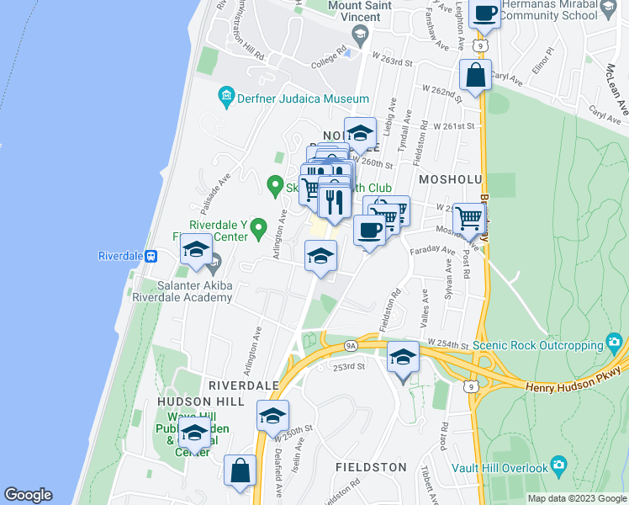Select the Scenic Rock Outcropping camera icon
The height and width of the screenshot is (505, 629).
click(x=615, y=343)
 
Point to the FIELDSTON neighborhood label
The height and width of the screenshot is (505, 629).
click(x=371, y=466)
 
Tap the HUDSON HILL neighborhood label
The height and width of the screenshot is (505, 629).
click(x=194, y=402)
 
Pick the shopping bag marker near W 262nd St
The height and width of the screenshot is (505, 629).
click(x=475, y=77)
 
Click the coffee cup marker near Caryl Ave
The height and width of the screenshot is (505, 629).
click(x=485, y=14)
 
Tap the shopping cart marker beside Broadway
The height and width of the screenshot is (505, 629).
click(x=469, y=221)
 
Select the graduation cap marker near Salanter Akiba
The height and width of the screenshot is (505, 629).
click(x=196, y=252)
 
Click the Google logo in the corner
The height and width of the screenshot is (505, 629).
click(x=28, y=495)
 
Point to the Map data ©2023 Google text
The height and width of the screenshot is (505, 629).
click(x=577, y=498)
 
